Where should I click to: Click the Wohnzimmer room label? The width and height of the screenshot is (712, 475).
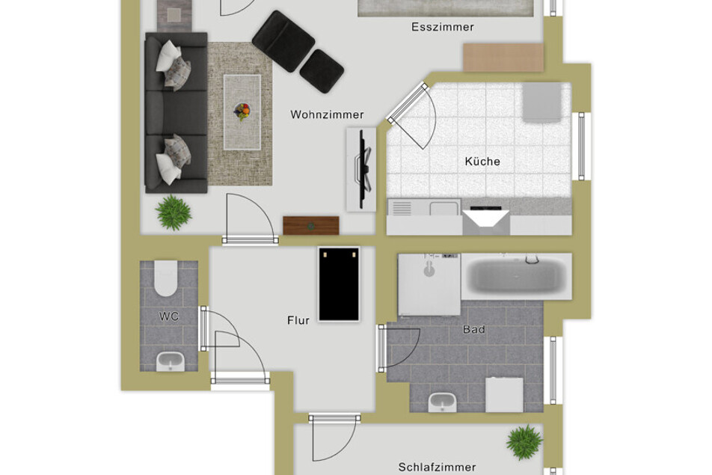327,114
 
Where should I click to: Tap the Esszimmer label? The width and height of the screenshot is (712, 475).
443,27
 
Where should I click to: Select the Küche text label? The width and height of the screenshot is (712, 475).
482,162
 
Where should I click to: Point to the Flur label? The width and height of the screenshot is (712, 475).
298,320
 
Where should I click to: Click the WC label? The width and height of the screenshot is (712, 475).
169,316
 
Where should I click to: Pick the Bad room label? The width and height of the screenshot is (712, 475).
474,329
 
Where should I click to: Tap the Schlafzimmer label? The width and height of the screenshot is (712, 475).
437,467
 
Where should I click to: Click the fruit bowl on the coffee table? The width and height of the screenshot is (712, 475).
242,111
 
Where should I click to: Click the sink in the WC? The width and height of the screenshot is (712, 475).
171,361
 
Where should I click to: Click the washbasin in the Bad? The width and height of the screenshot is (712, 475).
442,402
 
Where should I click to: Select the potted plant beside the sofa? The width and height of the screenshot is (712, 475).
173,212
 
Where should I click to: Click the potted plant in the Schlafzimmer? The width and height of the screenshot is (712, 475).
524,442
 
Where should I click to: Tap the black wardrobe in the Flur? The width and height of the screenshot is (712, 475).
339,284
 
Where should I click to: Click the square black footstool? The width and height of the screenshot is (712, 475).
322,71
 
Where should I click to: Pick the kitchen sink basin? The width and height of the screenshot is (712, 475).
444,209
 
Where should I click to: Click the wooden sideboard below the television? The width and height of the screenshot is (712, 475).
311,226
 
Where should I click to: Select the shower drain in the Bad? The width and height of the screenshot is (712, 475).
429,272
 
